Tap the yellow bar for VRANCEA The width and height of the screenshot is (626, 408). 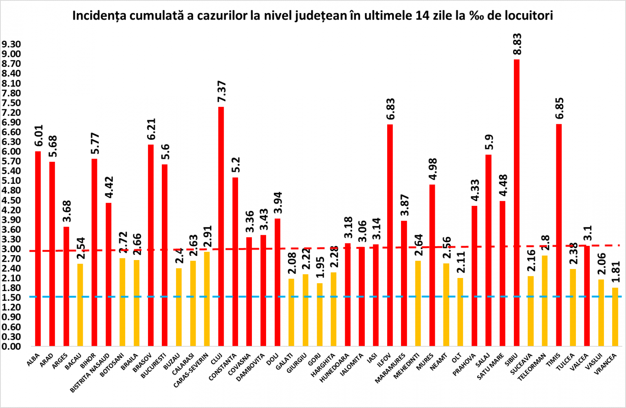(615, 317)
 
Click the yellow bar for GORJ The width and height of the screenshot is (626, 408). (320, 314)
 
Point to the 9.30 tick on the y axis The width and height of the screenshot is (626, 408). (11, 44)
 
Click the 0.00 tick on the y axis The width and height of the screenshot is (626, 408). (11, 346)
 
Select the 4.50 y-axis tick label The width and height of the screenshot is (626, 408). (11, 200)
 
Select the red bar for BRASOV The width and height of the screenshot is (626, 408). (151, 245)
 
